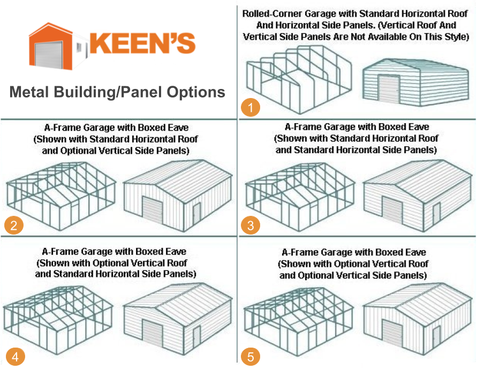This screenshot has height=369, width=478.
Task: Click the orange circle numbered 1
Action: click(251, 107)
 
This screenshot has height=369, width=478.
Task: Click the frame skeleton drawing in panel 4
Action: click(59, 313)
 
